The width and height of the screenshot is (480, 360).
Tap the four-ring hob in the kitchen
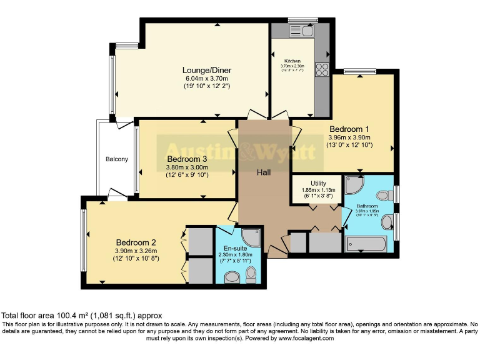tap(322, 69)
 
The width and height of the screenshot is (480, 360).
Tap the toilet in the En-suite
tap(251, 274)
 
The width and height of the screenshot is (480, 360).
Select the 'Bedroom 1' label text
tap(349, 129)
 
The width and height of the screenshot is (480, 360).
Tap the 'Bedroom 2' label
tap(135, 242)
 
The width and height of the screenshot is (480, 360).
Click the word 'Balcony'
tap(116, 159)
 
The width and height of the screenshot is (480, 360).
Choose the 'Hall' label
tap(263, 172)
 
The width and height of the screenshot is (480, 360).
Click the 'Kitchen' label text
tap(292, 61)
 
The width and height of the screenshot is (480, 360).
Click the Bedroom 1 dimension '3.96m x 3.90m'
tap(349, 137)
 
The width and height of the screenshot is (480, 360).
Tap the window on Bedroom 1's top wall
tap(354, 71)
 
